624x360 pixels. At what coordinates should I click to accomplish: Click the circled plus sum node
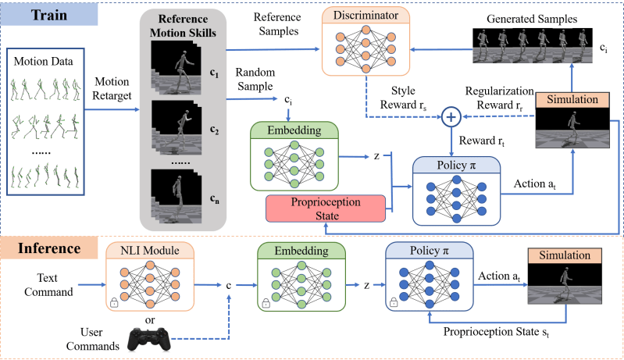click(450, 116)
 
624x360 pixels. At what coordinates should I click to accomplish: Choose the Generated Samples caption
click(530, 17)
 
